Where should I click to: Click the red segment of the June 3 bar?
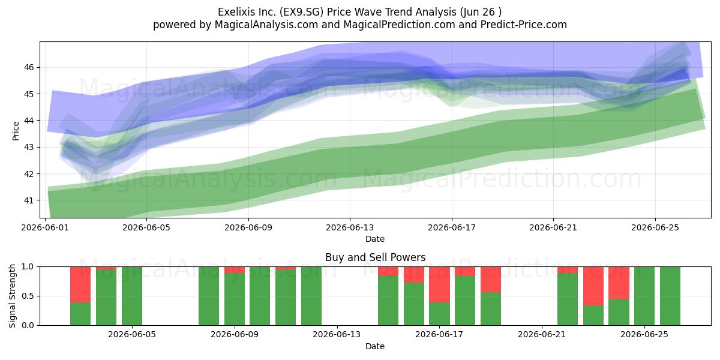click(x=80, y=284)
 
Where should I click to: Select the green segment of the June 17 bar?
click(x=439, y=314)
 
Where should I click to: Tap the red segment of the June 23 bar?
click(x=593, y=286)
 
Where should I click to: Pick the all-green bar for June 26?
click(x=670, y=296)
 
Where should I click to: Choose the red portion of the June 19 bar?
click(x=491, y=280)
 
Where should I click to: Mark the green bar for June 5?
click(x=132, y=296)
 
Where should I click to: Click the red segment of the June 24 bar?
click(x=619, y=283)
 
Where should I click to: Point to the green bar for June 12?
click(x=311, y=296)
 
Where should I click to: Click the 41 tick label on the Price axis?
click(x=29, y=200)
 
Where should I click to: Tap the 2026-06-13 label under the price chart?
click(x=350, y=227)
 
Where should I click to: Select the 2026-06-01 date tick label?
click(x=45, y=227)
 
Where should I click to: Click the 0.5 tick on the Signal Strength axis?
click(x=28, y=296)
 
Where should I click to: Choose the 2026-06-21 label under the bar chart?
click(x=542, y=335)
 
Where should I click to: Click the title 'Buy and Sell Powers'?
click(x=375, y=257)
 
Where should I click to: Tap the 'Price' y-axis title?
click(x=16, y=131)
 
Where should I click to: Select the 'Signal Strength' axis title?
click(x=12, y=296)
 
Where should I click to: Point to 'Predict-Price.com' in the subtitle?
click(x=524, y=25)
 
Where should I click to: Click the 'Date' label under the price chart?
click(x=375, y=239)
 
